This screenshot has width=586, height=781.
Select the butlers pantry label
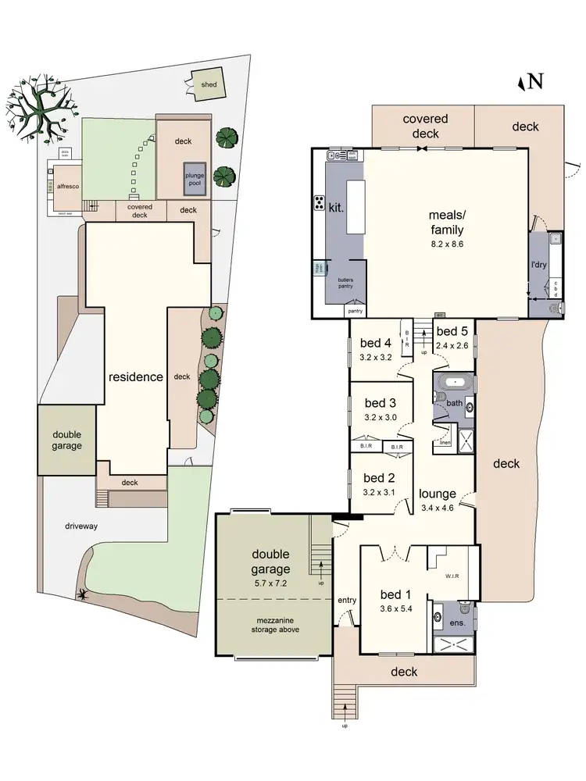click(345, 282)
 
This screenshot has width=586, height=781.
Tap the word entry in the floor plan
click(347, 600)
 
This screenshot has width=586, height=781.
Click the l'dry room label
click(538, 266)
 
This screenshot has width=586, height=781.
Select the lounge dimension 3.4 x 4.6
click(437, 508)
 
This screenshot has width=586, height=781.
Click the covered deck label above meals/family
click(425, 126)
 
